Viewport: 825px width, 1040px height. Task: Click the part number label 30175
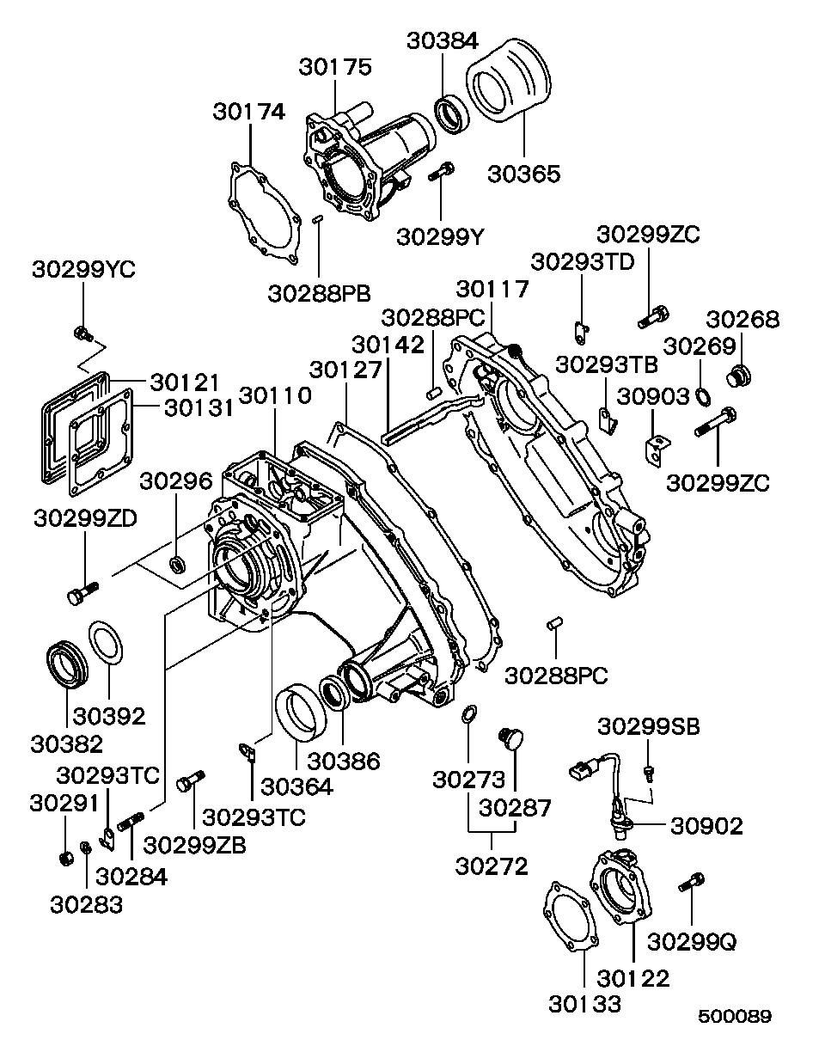tap(335, 66)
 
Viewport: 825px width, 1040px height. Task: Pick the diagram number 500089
tap(734, 1016)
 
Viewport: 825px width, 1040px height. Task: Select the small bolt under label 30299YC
tap(82, 332)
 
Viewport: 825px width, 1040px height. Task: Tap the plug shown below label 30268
tap(738, 376)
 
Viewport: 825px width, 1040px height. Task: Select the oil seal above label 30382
tap(66, 664)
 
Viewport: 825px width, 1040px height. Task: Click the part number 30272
tap(492, 866)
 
